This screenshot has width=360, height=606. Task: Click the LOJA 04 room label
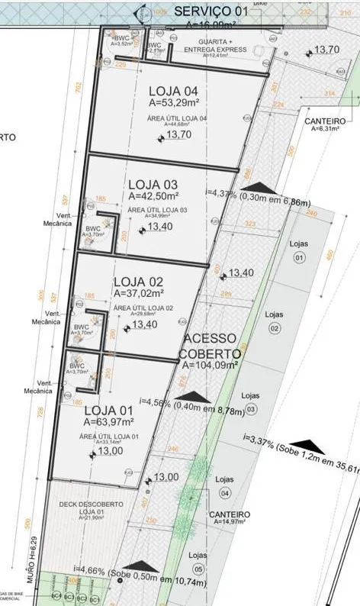coord(175,92)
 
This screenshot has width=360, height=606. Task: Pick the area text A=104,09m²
coord(210,366)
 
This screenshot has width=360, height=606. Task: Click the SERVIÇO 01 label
coord(211,11)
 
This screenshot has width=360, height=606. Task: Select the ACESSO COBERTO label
coord(211,346)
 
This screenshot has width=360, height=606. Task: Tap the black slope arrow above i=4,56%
coord(196,397)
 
